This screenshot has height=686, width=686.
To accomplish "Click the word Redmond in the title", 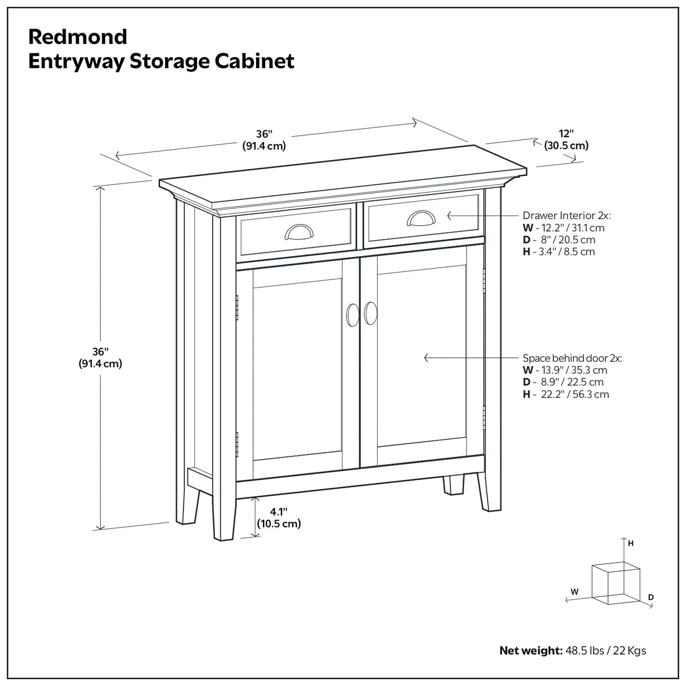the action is pyautogui.click(x=78, y=37).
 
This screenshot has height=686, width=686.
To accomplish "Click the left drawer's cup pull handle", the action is pyautogui.click(x=299, y=232).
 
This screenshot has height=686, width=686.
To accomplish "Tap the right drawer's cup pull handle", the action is pyautogui.click(x=421, y=218).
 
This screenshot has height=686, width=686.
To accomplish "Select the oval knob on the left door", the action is pyautogui.click(x=353, y=314).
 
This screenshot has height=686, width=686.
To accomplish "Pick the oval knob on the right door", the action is pyautogui.click(x=370, y=313).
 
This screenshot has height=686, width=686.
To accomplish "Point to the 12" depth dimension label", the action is pyautogui.click(x=566, y=134).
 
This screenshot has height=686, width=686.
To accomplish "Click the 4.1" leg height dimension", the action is pyautogui.click(x=279, y=512).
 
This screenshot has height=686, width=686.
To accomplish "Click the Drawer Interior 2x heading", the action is pyautogui.click(x=567, y=216).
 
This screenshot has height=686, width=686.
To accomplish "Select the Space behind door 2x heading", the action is pyautogui.click(x=572, y=358).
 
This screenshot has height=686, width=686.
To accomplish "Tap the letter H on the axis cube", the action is pyautogui.click(x=631, y=553).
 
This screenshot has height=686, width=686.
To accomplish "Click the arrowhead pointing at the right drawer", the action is pyautogui.click(x=450, y=216).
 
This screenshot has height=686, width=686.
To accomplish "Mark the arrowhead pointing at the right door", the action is pyautogui.click(x=426, y=358).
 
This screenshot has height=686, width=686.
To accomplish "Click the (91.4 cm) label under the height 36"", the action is pyautogui.click(x=101, y=364).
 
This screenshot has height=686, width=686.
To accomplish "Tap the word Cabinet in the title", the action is pyautogui.click(x=254, y=61).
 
